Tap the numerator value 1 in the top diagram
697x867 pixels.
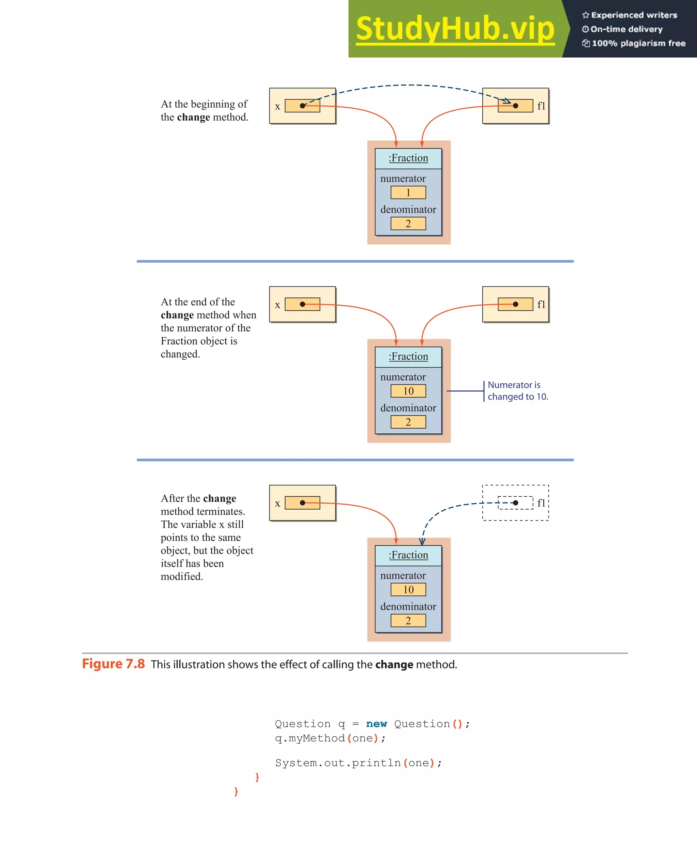408,192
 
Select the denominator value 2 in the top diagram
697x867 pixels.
408,223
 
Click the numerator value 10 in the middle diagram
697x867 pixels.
408,391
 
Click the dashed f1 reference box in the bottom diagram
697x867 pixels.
515,503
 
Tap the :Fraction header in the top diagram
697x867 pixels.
408,158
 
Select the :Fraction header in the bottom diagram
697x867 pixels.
408,555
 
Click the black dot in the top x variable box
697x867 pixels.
303,106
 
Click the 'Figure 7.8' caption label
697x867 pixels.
113,664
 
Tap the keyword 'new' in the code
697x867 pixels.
376,724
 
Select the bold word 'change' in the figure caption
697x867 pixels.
394,665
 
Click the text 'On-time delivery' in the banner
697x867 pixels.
626,29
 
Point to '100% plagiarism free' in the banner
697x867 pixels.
638,43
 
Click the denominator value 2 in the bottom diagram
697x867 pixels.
408,620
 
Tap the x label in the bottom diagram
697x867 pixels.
277,504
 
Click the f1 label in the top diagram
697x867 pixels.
541,106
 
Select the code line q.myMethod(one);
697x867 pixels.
330,738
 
